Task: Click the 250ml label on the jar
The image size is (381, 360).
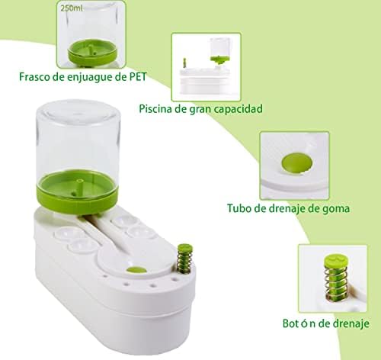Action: [x=72, y=8]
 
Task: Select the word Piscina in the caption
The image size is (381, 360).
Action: [x=155, y=109]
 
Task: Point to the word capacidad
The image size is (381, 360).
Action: [x=238, y=109]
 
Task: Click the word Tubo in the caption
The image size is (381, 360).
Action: [x=239, y=208]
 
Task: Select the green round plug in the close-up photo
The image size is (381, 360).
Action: [x=296, y=163]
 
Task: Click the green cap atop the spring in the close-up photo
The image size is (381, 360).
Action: [x=335, y=261]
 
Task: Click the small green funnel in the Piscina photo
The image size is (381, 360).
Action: [x=219, y=59]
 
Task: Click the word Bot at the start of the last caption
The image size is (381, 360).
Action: [x=290, y=323]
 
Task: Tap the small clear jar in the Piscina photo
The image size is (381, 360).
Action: [x=220, y=48]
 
